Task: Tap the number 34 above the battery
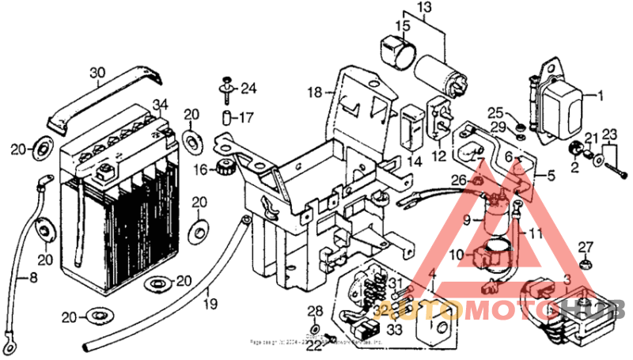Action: [161, 104]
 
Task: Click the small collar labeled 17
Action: [225, 118]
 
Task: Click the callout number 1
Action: [599, 96]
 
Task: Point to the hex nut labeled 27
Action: [585, 263]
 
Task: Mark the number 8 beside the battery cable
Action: [33, 278]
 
